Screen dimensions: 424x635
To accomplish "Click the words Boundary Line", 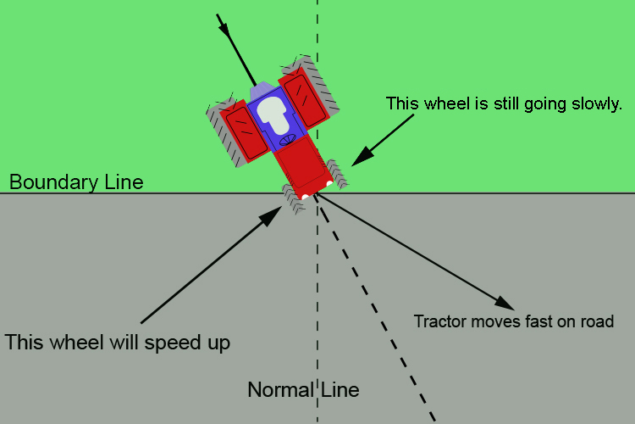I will (x=76, y=182).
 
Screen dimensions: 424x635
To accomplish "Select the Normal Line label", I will (x=303, y=391).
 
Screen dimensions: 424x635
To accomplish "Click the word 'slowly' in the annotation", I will (x=596, y=103).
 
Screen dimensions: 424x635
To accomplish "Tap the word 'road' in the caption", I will (x=594, y=321).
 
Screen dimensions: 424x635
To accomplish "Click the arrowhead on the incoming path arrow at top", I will (x=225, y=28).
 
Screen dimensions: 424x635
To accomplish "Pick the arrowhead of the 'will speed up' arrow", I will (x=273, y=215).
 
